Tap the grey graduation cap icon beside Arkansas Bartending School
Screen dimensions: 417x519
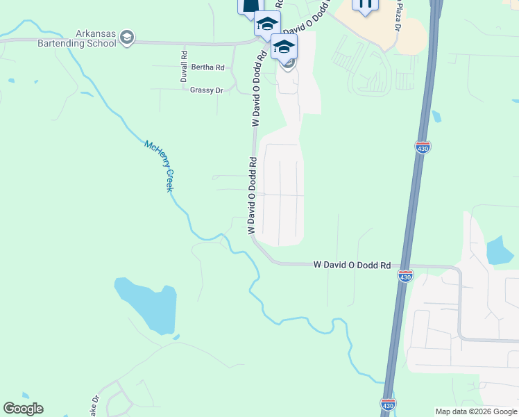[x=126, y=37]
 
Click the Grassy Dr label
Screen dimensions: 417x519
[x=206, y=90]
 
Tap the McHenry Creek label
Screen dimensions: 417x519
[x=159, y=166]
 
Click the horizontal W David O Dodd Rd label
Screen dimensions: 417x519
[x=352, y=265]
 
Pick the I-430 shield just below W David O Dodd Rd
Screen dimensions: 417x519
[x=406, y=276]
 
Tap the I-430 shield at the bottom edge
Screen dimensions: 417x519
[x=389, y=404]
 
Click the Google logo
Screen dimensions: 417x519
[x=23, y=409]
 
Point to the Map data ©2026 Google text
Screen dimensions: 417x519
[x=476, y=411]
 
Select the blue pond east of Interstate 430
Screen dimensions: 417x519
[x=500, y=250]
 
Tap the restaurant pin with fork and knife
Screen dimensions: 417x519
[x=365, y=4]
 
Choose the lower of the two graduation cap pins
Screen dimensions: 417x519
[x=283, y=47]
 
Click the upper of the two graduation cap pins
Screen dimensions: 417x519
[x=266, y=24]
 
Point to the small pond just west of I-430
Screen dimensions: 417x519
[x=436, y=116]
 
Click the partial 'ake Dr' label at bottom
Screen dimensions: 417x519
[x=96, y=406]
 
